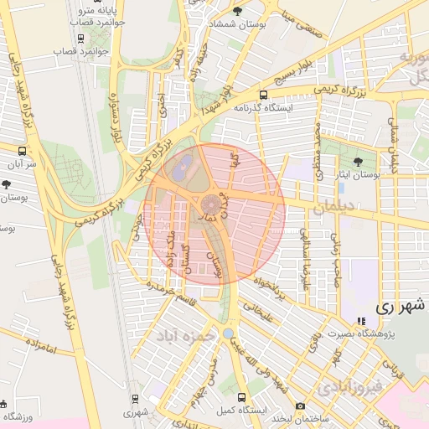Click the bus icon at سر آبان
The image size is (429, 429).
21,152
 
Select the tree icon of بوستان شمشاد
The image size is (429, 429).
237,11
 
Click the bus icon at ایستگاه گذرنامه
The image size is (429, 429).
264,95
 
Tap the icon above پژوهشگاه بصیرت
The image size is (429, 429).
361,321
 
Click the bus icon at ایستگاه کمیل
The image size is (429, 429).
242,398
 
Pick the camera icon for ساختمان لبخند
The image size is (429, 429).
301,406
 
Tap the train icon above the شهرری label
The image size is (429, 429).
135,399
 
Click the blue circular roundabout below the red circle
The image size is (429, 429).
229,333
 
